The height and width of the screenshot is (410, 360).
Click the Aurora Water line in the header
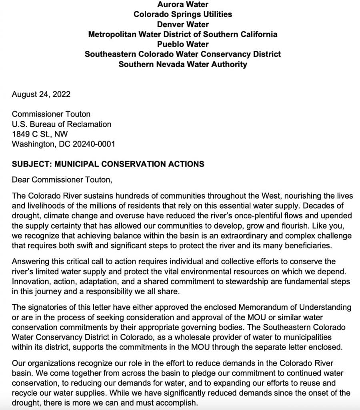[x=182, y=4]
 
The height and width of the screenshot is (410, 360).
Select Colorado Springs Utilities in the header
[x=182, y=14]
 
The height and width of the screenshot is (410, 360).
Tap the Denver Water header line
[x=182, y=24]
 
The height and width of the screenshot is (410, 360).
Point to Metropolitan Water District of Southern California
[x=182, y=34]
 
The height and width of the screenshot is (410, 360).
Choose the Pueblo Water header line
[x=182, y=44]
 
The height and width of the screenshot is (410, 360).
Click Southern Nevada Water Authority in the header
[x=182, y=64]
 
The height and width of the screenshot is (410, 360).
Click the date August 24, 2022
[x=41, y=94]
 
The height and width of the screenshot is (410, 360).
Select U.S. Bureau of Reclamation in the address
[x=62, y=124]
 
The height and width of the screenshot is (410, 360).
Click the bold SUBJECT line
[x=108, y=164]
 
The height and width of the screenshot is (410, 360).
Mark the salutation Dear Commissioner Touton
[x=62, y=180]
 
